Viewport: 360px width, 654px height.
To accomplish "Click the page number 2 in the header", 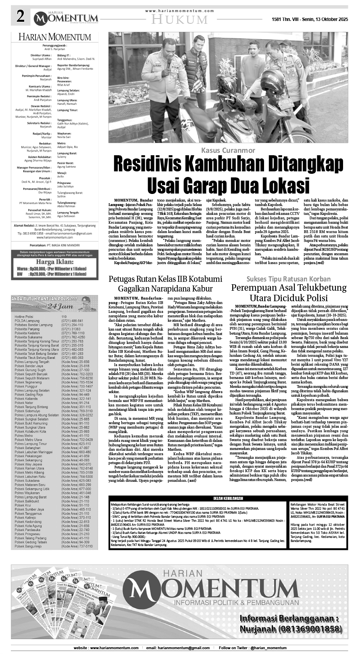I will pyautogui.click(x=20, y=17).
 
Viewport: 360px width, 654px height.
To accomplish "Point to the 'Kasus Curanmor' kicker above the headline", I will pyautogui.click(x=229, y=150).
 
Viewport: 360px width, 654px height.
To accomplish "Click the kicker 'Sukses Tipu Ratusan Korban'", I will pyautogui.click(x=289, y=279).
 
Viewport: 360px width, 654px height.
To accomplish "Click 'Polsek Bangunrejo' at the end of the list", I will pyautogui.click(x=28, y=546).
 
